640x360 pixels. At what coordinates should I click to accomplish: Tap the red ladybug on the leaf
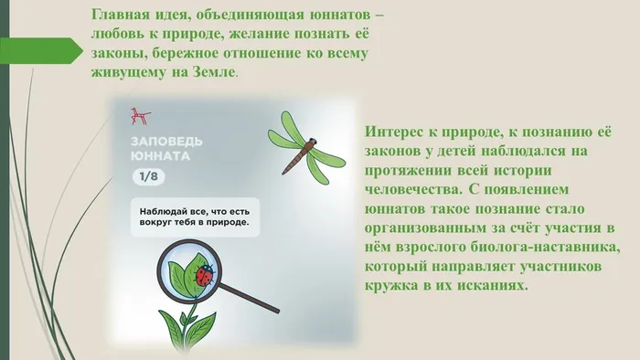(x=206, y=271)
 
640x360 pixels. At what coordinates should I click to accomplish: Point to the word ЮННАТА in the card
(x=160, y=156)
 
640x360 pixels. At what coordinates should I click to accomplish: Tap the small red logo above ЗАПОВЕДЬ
(x=140, y=116)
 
